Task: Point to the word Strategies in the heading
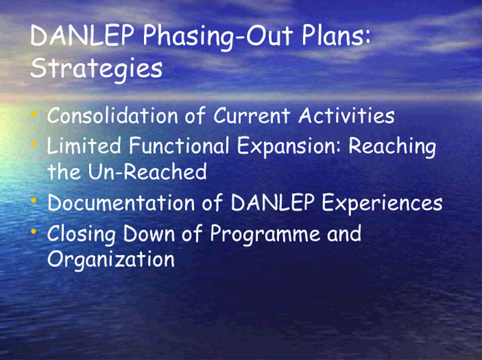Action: [x=96, y=69]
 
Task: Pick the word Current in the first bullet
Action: [x=252, y=116]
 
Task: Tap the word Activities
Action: [x=346, y=116]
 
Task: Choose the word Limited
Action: [x=84, y=145]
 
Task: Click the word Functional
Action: [x=179, y=145]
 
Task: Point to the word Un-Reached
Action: [x=148, y=171]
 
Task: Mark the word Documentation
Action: [x=121, y=203]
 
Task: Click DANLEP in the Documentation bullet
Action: [x=272, y=203]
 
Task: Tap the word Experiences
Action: [x=383, y=204]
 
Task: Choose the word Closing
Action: [x=81, y=235]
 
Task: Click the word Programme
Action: [x=264, y=235]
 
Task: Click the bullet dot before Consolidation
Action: [x=34, y=114]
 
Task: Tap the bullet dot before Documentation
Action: [x=34, y=201]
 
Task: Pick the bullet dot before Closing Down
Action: [x=34, y=232]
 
